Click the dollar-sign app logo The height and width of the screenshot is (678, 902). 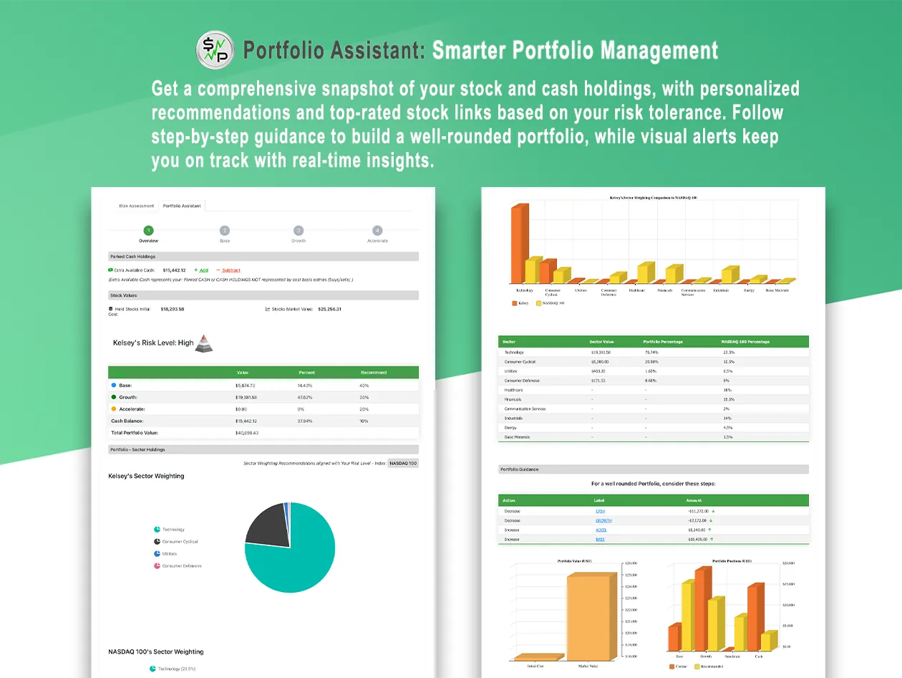pyautogui.click(x=215, y=50)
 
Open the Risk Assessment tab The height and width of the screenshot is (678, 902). pyautogui.click(x=136, y=206)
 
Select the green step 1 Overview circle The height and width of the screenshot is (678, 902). pyautogui.click(x=148, y=231)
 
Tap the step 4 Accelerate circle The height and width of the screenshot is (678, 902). pyautogui.click(x=377, y=231)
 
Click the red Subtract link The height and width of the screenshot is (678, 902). pyautogui.click(x=231, y=270)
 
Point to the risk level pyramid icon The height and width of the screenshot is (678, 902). pyautogui.click(x=205, y=343)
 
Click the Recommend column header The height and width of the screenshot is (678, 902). pyautogui.click(x=373, y=373)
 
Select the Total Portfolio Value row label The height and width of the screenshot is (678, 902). pyautogui.click(x=134, y=433)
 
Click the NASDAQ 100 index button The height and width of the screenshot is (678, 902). pyautogui.click(x=403, y=463)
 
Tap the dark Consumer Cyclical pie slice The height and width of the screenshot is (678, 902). pyautogui.click(x=265, y=524)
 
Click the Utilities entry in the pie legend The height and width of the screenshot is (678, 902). pyautogui.click(x=169, y=554)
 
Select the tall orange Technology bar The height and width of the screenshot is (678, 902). pyautogui.click(x=518, y=244)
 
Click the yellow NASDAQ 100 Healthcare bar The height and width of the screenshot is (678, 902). pyautogui.click(x=645, y=273)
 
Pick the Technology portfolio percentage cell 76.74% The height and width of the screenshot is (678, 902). pyautogui.click(x=651, y=353)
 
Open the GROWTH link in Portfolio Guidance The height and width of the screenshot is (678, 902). pyautogui.click(x=603, y=520)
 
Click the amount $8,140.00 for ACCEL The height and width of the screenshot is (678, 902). pyautogui.click(x=697, y=530)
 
